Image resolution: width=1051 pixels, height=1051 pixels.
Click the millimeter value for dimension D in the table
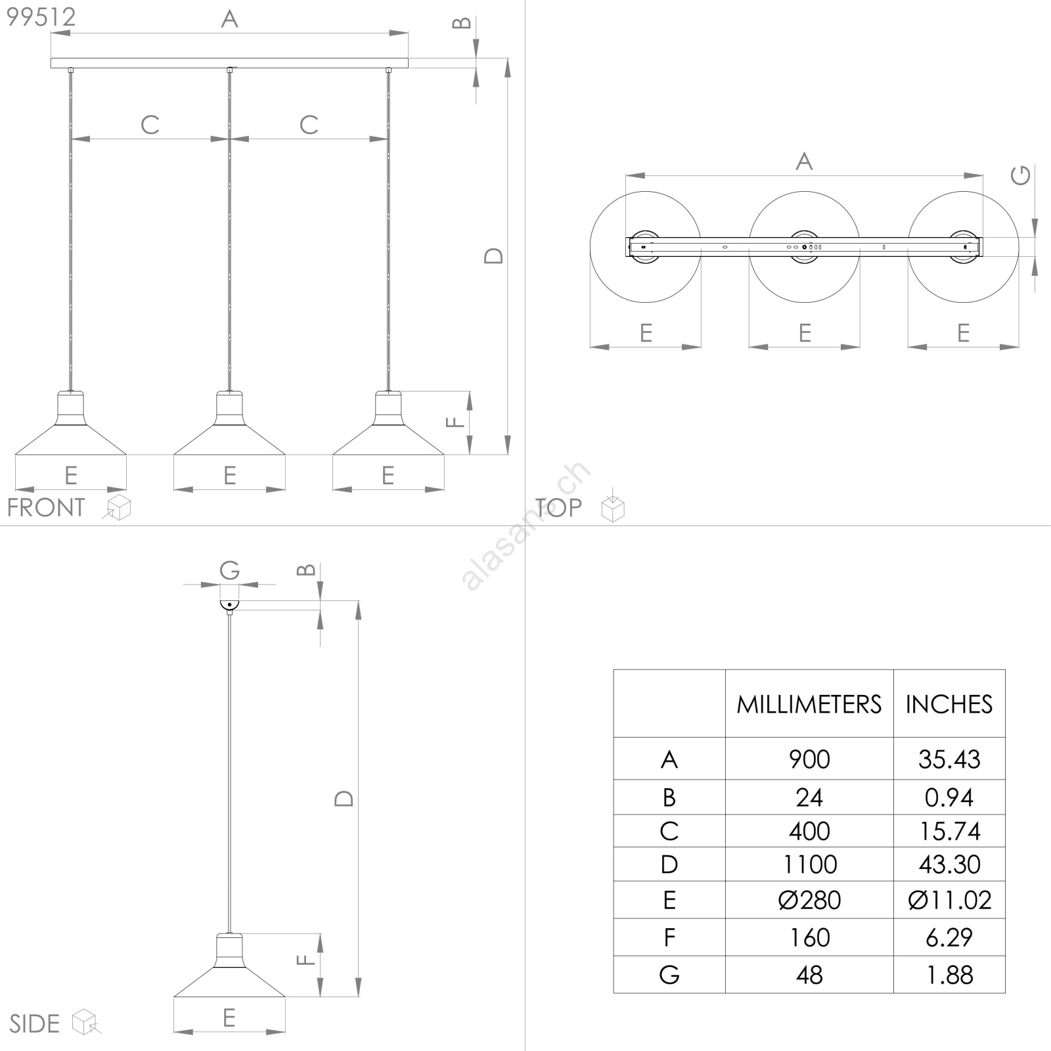tap(810, 864)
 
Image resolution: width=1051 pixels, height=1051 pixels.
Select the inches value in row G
tap(949, 975)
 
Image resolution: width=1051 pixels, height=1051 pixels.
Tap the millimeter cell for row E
tap(809, 900)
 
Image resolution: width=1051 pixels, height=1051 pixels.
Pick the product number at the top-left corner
tap(41, 17)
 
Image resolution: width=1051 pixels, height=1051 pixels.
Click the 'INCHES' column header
tap(949, 704)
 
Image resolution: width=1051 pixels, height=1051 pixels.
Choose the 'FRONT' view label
tap(46, 508)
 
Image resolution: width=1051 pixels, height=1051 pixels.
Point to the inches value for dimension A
tap(949, 759)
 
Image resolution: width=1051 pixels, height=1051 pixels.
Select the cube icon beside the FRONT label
tap(118, 508)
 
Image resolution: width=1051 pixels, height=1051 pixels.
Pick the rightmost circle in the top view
tap(964, 247)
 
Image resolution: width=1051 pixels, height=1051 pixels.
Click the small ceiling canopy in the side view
tap(229, 606)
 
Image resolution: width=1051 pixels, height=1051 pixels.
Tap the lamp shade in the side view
tap(229, 965)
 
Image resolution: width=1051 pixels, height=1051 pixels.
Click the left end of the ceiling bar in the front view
tap(51, 63)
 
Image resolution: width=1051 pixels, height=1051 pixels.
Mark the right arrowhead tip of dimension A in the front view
tap(408, 33)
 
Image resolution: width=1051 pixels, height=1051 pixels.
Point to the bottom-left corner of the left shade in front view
tap(15, 455)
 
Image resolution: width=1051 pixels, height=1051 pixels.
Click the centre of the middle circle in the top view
tap(805, 247)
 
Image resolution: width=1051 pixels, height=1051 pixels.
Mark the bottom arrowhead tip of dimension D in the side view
tap(358, 997)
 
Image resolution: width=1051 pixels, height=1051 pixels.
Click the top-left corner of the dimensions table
tap(614, 670)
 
